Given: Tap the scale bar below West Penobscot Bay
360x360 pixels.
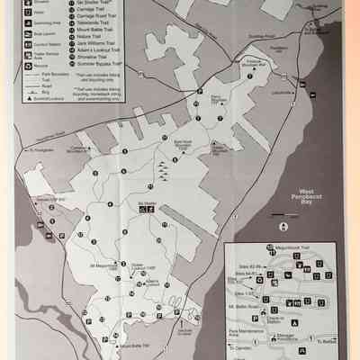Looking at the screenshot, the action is point(287,216).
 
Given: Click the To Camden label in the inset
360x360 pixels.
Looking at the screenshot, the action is point(238,346).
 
